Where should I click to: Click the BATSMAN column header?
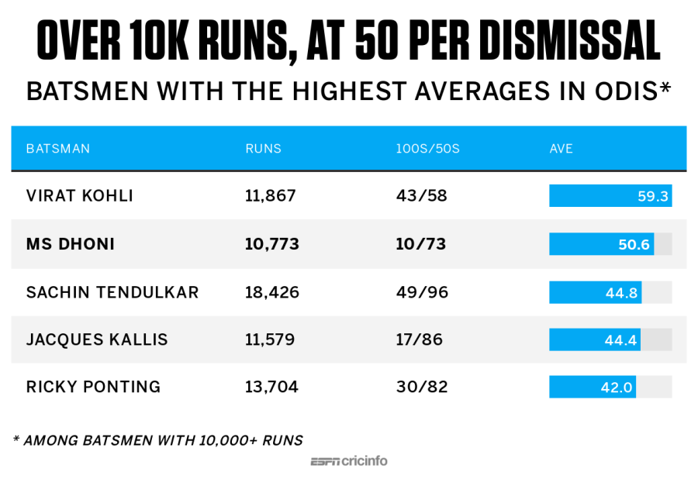(58, 148)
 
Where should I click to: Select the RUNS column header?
(263, 148)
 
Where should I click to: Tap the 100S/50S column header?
(427, 148)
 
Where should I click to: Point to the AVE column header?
(561, 148)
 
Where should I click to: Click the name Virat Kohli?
(80, 196)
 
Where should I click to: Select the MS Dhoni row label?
(71, 244)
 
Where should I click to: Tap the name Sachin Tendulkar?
(112, 292)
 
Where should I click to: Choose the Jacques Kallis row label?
(97, 339)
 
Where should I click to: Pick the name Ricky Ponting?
(93, 387)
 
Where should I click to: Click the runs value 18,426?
(272, 292)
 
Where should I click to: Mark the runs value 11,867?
(271, 196)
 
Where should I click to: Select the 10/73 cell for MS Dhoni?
(422, 244)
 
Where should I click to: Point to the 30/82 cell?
(422, 387)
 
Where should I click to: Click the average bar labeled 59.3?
(610, 196)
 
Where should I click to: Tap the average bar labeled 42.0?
(593, 387)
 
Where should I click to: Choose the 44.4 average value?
(620, 339)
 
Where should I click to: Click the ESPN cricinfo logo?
(349, 461)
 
